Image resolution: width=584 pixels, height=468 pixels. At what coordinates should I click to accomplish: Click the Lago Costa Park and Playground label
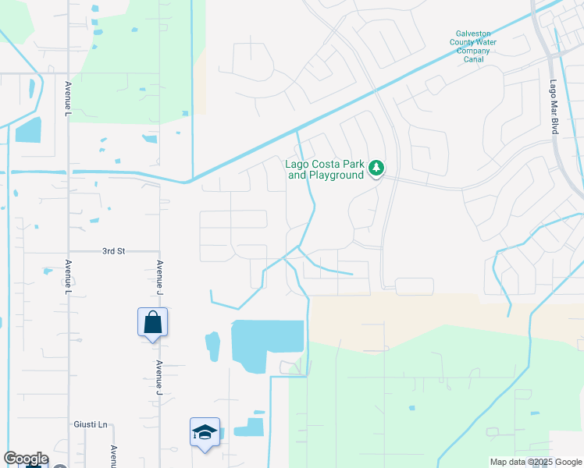[326, 169]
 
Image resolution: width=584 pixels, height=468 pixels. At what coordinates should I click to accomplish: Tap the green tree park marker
[376, 168]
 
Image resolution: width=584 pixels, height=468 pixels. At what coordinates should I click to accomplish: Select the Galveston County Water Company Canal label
[472, 46]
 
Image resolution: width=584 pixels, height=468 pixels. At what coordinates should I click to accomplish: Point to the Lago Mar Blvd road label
[554, 107]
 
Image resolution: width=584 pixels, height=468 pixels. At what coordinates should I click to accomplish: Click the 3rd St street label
[113, 251]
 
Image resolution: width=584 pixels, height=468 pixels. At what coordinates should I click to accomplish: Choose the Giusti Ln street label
[91, 424]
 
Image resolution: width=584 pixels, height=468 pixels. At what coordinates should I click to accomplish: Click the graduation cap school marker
[205, 432]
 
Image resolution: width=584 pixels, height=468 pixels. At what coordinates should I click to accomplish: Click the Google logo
[25, 459]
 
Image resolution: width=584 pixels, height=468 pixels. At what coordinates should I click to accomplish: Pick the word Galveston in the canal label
[473, 34]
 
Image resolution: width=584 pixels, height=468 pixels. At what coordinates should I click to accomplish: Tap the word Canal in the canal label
[473, 59]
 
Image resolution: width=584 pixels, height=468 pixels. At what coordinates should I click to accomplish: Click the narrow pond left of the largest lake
[212, 347]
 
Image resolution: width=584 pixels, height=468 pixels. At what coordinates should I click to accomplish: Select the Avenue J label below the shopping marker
[159, 376]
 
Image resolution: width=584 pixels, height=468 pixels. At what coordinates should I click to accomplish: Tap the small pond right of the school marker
[251, 427]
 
